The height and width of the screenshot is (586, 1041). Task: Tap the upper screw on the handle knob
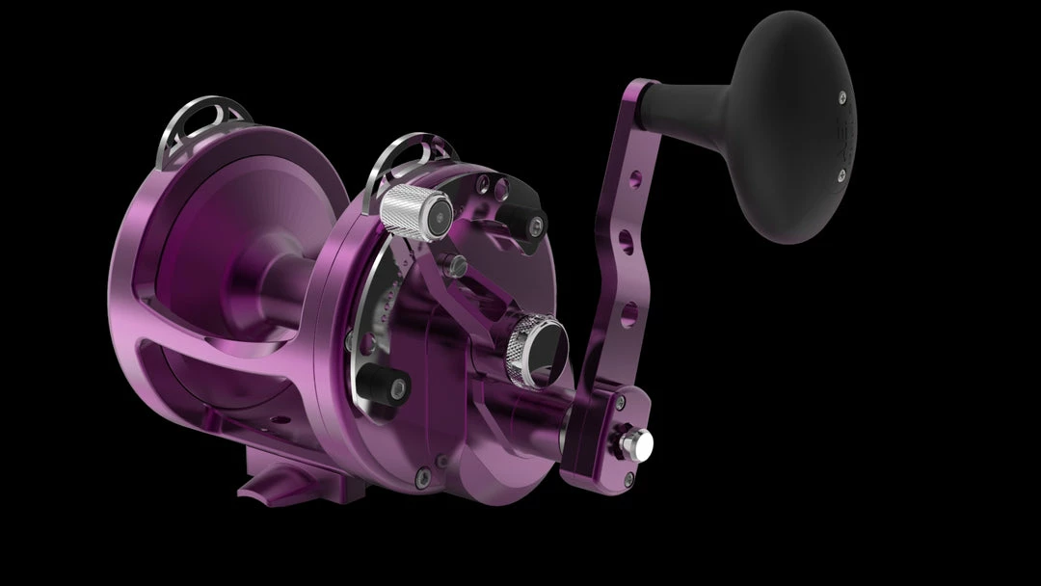(x=842, y=95)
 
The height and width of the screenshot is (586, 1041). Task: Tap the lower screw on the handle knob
(x=841, y=174)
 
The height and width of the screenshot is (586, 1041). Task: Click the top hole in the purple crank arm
(x=633, y=180)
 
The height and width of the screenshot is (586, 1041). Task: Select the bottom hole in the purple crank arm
(x=628, y=310)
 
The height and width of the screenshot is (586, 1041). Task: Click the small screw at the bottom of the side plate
(x=415, y=473)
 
